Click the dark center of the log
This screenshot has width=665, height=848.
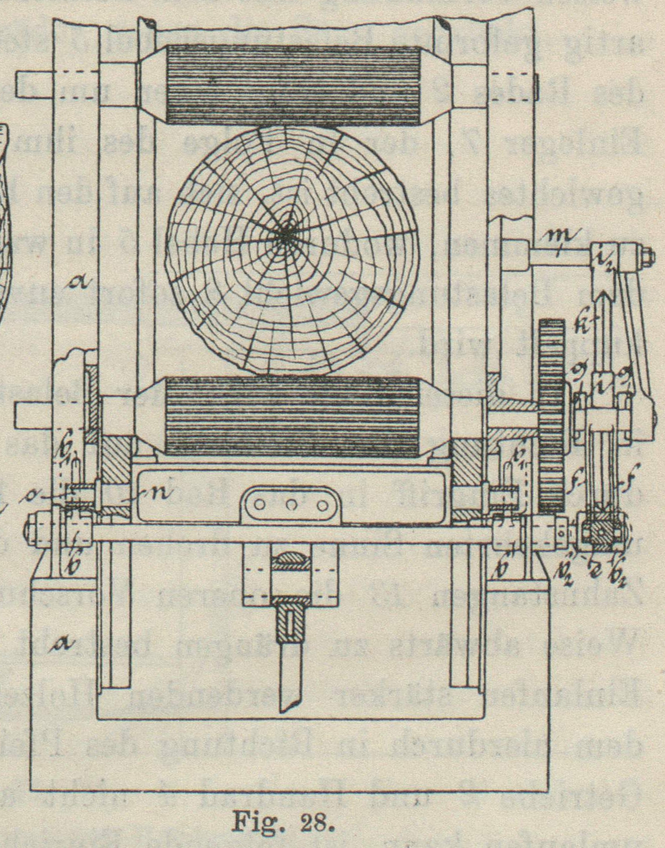(x=287, y=234)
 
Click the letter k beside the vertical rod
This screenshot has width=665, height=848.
(x=584, y=322)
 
